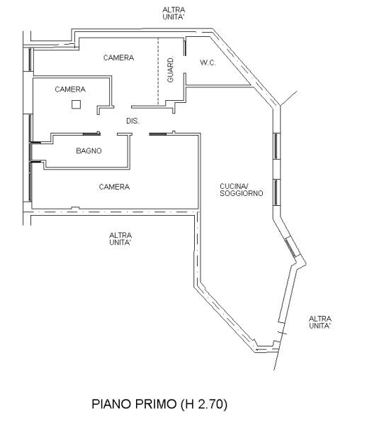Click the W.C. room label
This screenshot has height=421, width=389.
coord(208,62)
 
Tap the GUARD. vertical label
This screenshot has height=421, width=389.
coord(170,70)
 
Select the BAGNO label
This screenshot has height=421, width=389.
coord(89,151)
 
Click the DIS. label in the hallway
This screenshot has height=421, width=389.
coord(133,121)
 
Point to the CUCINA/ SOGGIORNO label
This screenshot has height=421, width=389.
coord(242,190)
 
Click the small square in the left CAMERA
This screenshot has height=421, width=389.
coord(77,104)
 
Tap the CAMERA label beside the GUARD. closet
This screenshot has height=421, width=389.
coord(118,58)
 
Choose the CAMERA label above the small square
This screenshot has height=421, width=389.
coord(70,89)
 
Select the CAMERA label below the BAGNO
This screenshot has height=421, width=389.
coord(114,187)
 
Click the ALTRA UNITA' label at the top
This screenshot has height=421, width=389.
coord(174,13)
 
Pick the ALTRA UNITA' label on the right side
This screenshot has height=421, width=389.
coord(320,322)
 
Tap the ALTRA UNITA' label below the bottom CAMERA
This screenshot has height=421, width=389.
coord(120,239)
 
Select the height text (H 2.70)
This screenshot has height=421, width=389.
coord(204,404)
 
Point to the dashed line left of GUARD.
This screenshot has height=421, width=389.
coord(158,71)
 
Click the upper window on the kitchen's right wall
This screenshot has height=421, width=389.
coord(277,146)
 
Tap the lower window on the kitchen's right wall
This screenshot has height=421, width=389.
coord(277,192)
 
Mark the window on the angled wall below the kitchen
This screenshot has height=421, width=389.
coord(291,248)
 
